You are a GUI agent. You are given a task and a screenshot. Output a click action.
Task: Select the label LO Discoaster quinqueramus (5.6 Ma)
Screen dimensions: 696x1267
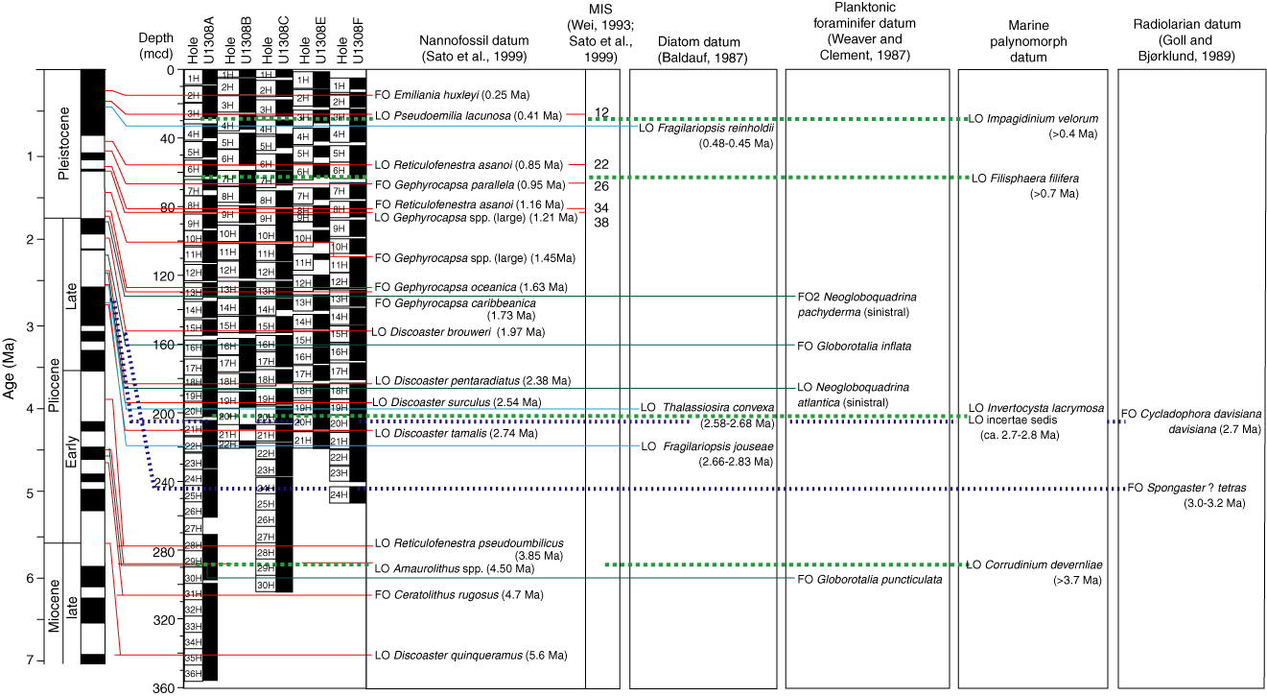click(x=471, y=656)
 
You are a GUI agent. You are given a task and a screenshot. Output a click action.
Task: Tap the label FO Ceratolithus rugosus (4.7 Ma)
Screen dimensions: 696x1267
click(x=459, y=595)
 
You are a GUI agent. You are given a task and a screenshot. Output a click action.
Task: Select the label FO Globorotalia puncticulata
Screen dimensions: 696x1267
click(x=869, y=579)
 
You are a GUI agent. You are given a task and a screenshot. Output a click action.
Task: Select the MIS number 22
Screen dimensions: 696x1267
click(x=601, y=165)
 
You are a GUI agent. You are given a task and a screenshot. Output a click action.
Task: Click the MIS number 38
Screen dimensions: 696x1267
click(x=601, y=223)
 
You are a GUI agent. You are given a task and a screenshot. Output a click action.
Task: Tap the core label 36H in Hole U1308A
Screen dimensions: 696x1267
click(x=193, y=674)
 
